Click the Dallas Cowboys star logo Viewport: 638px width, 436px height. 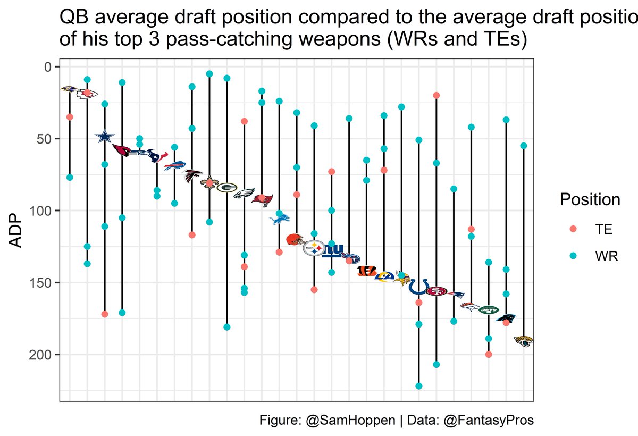tap(105, 136)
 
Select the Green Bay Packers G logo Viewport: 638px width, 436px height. tap(226, 187)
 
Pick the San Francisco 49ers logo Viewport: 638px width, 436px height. tap(436, 291)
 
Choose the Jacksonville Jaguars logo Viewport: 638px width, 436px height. tap(524, 341)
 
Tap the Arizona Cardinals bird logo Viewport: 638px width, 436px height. tap(122, 150)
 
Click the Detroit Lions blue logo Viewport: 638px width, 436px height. tap(280, 218)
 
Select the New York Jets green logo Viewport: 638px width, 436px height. tap(489, 309)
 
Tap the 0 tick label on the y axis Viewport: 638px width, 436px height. tap(48, 66)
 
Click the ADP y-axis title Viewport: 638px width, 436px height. tap(17, 231)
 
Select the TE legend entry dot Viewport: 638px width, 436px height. tap(573, 229)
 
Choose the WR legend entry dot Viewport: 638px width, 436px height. tap(573, 256)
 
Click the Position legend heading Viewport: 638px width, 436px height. tap(590, 200)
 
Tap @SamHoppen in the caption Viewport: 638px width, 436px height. tap(351, 420)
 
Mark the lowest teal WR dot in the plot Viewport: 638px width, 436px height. tap(418, 386)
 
